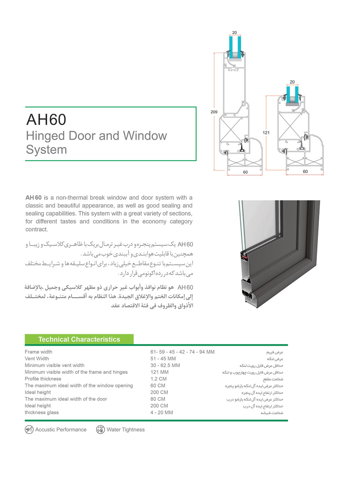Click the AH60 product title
tap(46, 119)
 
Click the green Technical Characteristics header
tap(79, 339)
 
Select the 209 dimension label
tap(214, 112)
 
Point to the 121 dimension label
tap(266, 133)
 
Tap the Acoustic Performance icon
tap(29, 430)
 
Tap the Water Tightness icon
tap(100, 430)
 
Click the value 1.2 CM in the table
tap(158, 379)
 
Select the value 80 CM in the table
tap(158, 399)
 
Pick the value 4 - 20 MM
tap(162, 412)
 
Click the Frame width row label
tap(38, 352)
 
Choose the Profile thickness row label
tap(43, 379)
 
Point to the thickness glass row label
tap(42, 412)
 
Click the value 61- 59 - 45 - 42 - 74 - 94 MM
tap(182, 352)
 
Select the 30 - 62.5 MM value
tap(165, 365)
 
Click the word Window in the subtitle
tap(145, 136)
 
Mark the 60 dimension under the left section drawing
tap(245, 172)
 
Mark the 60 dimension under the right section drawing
tap(305, 172)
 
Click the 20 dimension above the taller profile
tap(235, 33)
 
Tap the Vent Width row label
tap(37, 358)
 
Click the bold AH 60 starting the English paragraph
tap(34, 198)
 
